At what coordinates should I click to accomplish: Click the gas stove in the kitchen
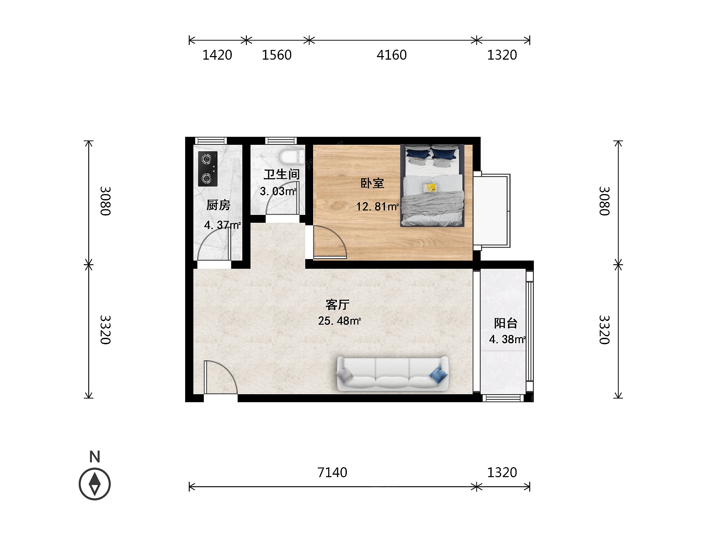[208, 169]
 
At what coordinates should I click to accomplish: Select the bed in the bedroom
[432, 185]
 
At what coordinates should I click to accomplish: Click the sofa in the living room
[392, 374]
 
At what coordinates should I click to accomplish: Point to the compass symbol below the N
[95, 484]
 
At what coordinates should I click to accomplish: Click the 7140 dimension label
[332, 472]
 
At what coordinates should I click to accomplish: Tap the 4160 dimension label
[391, 55]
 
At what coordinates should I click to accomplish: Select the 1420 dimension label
[217, 55]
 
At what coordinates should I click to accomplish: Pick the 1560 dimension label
[276, 55]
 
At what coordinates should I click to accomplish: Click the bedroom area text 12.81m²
[377, 207]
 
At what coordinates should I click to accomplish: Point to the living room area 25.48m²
[339, 321]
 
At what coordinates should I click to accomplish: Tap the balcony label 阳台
[505, 323]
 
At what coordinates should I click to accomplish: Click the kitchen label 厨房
[218, 205]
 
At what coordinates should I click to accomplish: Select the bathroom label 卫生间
[282, 174]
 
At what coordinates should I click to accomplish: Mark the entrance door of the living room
[220, 377]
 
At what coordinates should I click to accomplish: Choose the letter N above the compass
[95, 457]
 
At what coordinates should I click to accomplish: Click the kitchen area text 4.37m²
[223, 225]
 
